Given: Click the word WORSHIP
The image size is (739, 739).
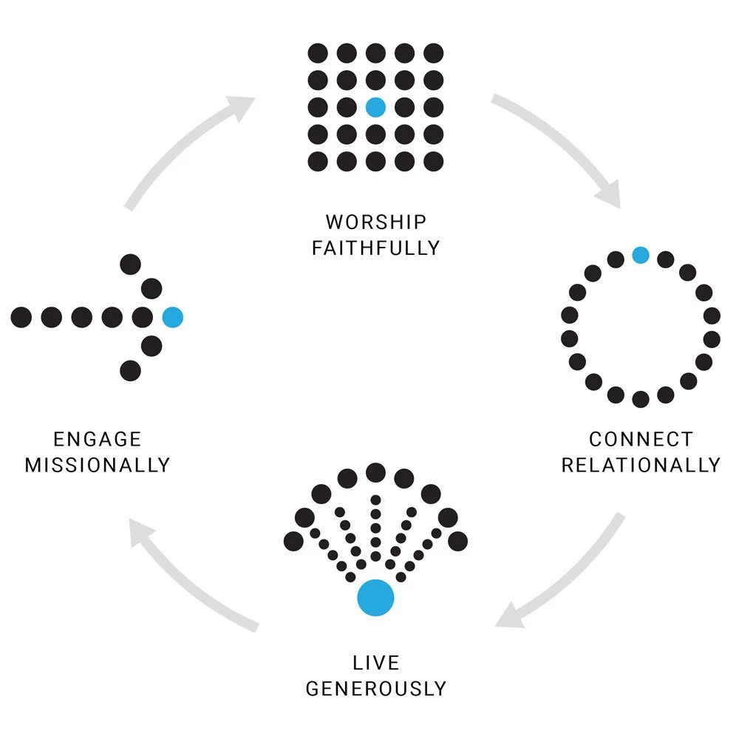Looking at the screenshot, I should pyautogui.click(x=375, y=222).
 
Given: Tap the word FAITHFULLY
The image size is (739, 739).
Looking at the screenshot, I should pyautogui.click(x=375, y=248).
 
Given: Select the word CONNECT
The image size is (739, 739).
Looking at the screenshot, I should pyautogui.click(x=641, y=439).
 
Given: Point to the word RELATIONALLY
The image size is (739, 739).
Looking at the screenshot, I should pyautogui.click(x=641, y=465).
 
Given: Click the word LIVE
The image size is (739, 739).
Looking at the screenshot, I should pyautogui.click(x=375, y=662).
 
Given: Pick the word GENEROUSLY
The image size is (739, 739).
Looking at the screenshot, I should pyautogui.click(x=375, y=689).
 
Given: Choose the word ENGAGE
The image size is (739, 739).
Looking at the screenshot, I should pyautogui.click(x=98, y=439).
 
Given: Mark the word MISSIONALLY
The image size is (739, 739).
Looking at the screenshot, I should pyautogui.click(x=98, y=465).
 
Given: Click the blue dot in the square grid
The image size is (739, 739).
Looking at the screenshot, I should pyautogui.click(x=375, y=107).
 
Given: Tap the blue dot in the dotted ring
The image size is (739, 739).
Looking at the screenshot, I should pyautogui.click(x=641, y=256).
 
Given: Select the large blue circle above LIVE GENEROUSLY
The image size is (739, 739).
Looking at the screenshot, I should pyautogui.click(x=375, y=597).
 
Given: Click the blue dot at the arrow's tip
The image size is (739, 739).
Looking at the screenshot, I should pyautogui.click(x=172, y=318).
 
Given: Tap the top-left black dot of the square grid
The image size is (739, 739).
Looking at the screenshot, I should pyautogui.click(x=318, y=53).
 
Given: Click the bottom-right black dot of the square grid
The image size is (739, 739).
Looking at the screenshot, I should pyautogui.click(x=434, y=161).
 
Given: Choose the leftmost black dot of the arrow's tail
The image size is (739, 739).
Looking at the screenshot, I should pyautogui.click(x=21, y=318).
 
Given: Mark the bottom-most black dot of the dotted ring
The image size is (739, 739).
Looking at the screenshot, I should pyautogui.click(x=641, y=399).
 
